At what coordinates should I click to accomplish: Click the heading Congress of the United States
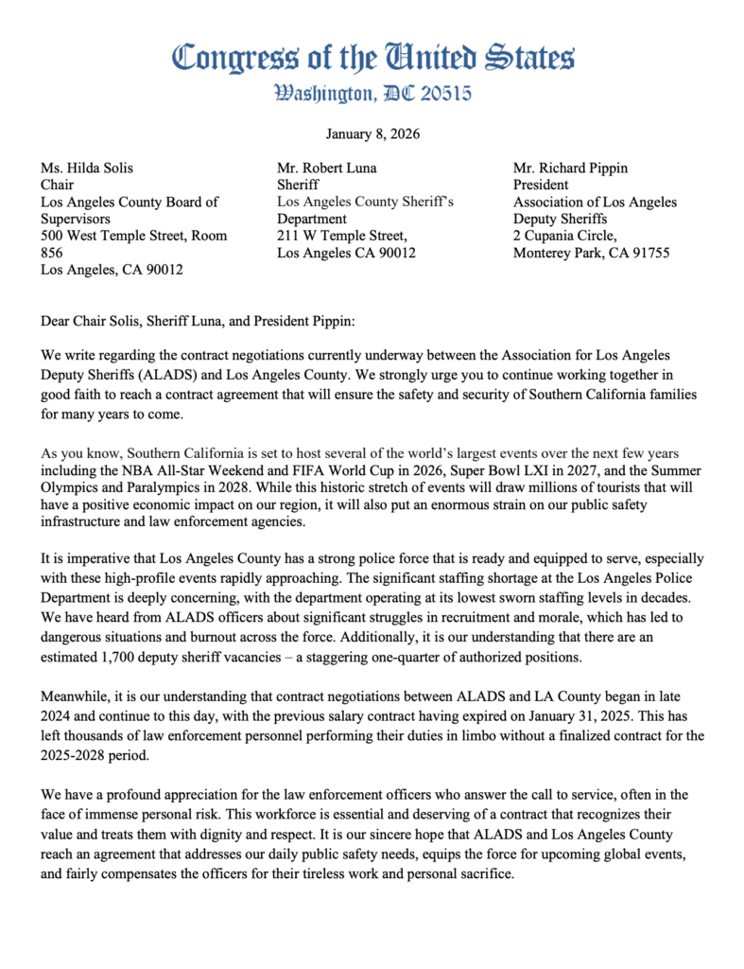pyautogui.click(x=372, y=58)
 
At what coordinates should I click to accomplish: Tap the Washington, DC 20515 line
pyautogui.click(x=372, y=94)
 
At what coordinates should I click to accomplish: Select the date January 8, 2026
pyautogui.click(x=372, y=134)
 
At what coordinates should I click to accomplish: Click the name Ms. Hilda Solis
pyautogui.click(x=87, y=168)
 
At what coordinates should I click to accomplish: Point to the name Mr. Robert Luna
pyautogui.click(x=326, y=168)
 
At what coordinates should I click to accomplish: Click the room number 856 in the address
pyautogui.click(x=53, y=253)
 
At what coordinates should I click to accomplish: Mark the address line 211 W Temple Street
pyautogui.click(x=341, y=236)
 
